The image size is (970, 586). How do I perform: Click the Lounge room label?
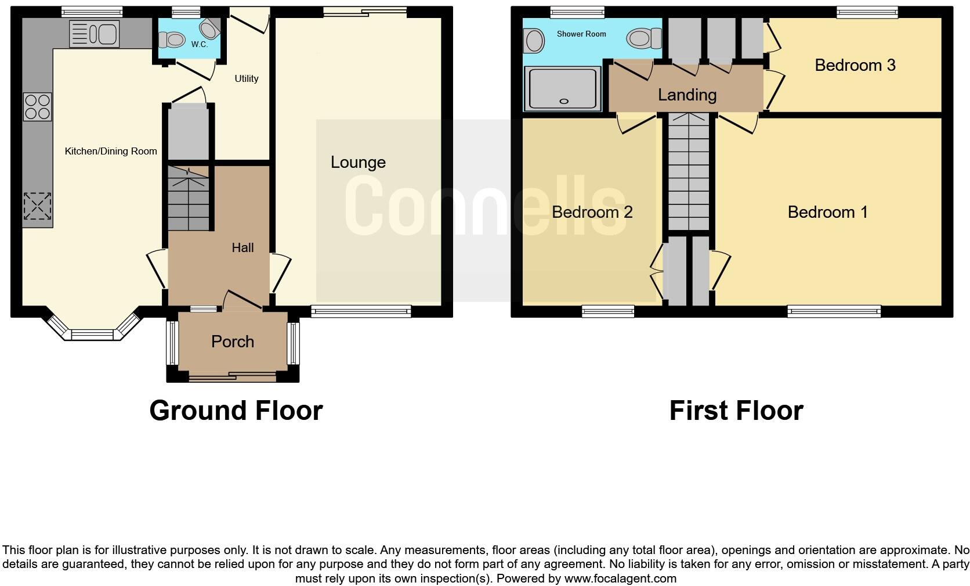[x=358, y=163]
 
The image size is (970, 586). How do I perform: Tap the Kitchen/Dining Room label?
[x=111, y=151]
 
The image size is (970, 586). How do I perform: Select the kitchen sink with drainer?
[x=94, y=33]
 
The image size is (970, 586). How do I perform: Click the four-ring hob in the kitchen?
[x=38, y=107]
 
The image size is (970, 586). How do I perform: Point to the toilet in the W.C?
[x=173, y=39]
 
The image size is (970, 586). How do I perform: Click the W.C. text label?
[x=199, y=44]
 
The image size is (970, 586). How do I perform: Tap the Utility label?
[x=247, y=78]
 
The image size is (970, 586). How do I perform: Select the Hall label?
[x=242, y=248]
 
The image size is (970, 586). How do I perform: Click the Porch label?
[x=233, y=341]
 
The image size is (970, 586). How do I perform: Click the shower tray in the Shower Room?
[x=561, y=88]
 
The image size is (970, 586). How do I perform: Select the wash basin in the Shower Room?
[x=533, y=41]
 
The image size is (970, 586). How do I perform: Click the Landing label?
[x=687, y=95]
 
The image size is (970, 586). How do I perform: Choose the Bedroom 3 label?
[x=855, y=65]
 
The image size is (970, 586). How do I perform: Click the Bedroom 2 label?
[x=592, y=212]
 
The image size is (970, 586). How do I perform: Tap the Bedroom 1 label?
[x=827, y=212]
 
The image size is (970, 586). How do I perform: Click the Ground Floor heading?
[x=236, y=411]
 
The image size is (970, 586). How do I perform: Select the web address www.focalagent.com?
[x=620, y=578]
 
